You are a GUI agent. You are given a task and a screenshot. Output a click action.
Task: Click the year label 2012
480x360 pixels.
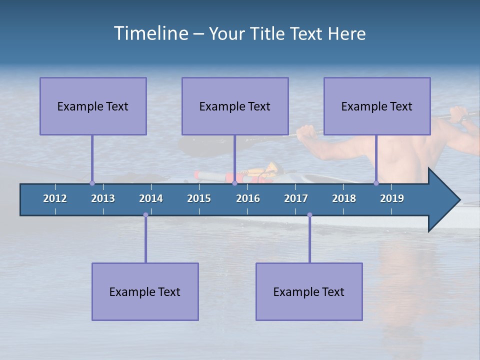point(55,198)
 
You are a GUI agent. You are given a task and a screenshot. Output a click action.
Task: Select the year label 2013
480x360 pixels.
point(103,198)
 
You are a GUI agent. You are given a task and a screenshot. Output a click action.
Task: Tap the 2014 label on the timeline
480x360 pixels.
point(151,198)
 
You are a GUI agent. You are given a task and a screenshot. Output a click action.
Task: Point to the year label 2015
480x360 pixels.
point(199,198)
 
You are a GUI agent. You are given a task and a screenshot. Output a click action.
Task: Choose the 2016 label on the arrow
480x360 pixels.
point(248,198)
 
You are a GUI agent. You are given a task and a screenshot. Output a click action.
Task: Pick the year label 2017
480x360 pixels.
point(296,198)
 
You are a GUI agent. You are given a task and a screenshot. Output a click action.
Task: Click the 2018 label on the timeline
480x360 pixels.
point(344,198)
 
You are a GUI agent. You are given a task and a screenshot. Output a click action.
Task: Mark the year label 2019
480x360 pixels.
point(392,198)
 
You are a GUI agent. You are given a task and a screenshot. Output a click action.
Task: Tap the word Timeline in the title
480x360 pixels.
point(150,33)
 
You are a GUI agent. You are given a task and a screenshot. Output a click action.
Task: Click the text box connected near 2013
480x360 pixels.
point(93,106)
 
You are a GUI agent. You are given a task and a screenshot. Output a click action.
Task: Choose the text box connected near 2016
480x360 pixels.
point(235,106)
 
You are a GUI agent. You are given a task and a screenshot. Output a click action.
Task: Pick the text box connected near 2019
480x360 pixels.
point(377,106)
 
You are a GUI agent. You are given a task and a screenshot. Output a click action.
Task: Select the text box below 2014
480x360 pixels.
point(145,291)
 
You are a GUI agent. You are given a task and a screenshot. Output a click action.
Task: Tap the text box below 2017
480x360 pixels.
point(309,291)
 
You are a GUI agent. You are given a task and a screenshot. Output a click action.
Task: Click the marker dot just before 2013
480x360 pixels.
point(92,183)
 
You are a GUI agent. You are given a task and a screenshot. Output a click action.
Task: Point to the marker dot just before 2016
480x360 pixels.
point(234,183)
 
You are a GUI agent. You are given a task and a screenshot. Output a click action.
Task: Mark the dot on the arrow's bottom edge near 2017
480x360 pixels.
point(309,215)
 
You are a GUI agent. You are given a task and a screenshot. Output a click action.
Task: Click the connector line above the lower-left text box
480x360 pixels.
point(145,240)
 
